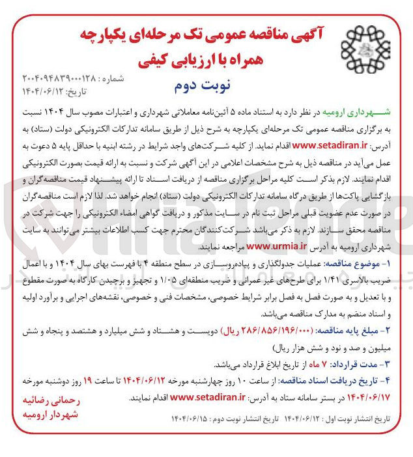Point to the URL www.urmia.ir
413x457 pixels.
pos(277,246)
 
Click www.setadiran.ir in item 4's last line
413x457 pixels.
pos(206,396)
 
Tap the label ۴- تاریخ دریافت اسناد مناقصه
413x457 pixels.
pos(339,379)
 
